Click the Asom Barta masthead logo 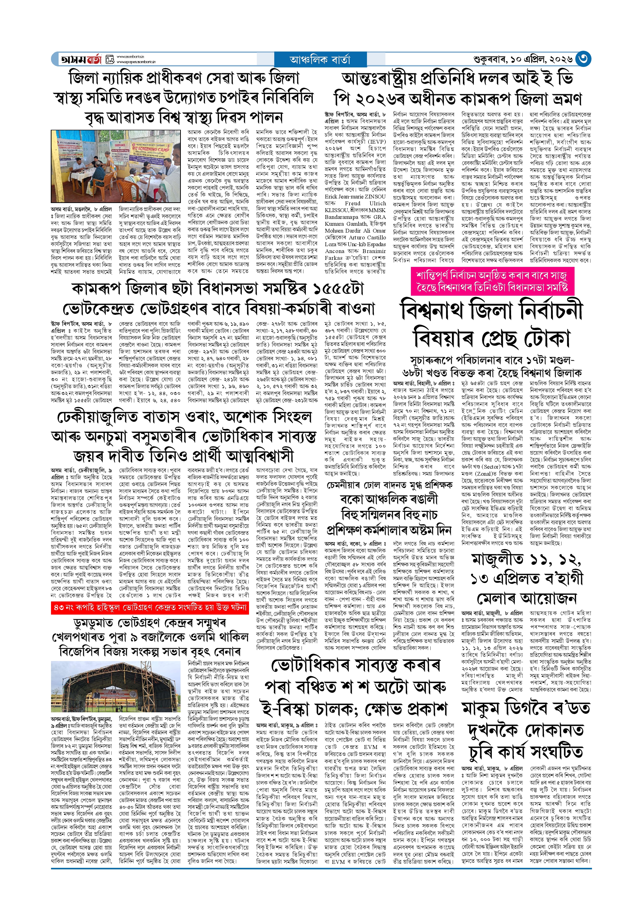82,59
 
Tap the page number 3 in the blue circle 583,59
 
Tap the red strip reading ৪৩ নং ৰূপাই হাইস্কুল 150,607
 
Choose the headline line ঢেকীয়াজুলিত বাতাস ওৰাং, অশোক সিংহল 184,417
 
